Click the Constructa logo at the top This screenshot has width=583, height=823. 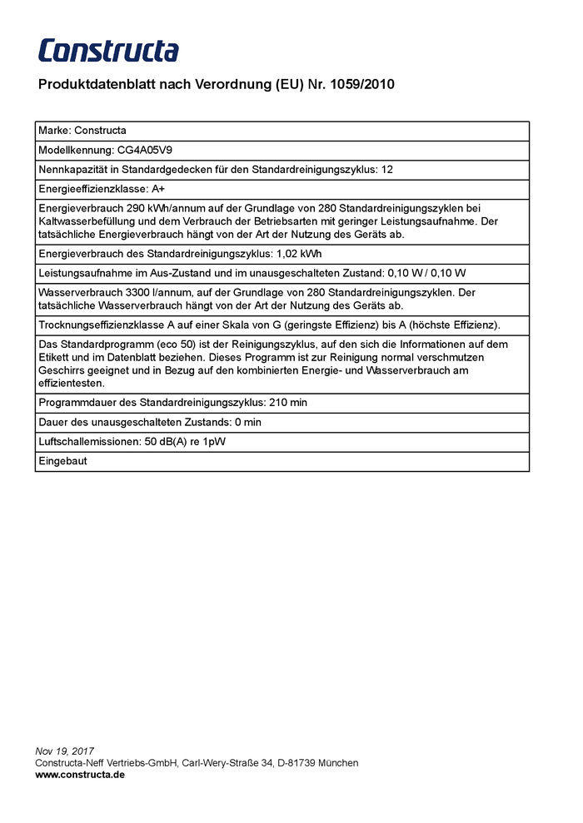point(108,51)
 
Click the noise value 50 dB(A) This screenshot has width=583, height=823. point(167,442)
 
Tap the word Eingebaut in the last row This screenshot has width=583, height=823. point(62,461)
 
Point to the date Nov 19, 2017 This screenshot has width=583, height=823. point(65,751)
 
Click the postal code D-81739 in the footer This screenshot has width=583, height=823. point(303,762)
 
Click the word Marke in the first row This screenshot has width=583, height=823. point(53,131)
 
